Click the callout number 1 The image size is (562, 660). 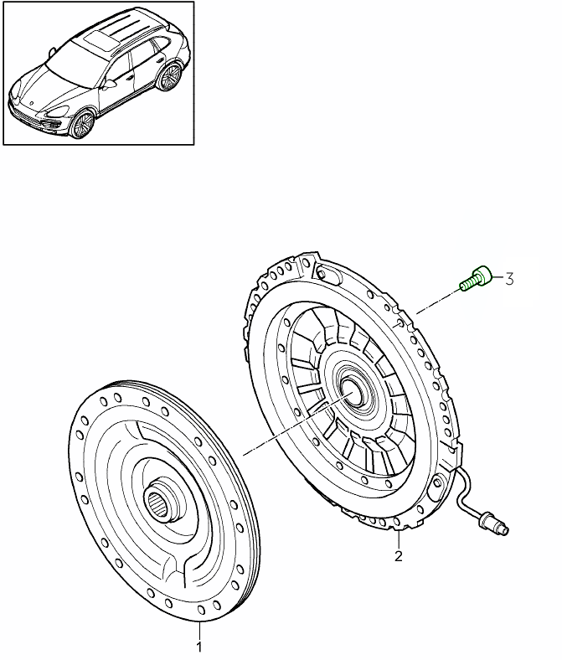coord(199,647)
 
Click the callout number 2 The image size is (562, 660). coord(399,555)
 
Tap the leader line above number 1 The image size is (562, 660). coord(199,632)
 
